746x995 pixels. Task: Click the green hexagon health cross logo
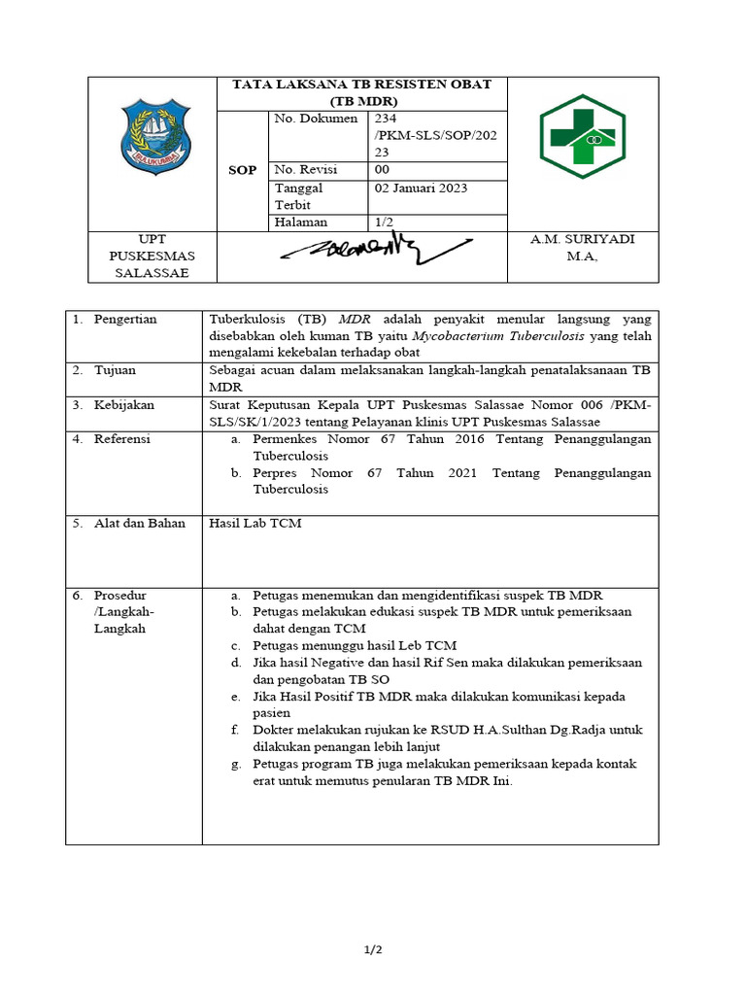(x=584, y=137)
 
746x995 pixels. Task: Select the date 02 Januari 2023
(x=421, y=189)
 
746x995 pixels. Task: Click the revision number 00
(x=382, y=169)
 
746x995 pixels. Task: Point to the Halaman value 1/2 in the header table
(x=384, y=223)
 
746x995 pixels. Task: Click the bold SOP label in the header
(x=242, y=170)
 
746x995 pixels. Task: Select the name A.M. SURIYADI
(x=583, y=240)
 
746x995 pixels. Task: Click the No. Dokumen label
(x=310, y=119)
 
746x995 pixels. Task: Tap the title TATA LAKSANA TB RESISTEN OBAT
(x=361, y=85)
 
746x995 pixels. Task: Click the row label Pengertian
(x=125, y=320)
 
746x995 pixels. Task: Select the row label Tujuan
(x=115, y=370)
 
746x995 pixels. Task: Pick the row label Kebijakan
(x=123, y=405)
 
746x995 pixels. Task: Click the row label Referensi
(x=121, y=439)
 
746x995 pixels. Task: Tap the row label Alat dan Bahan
(x=139, y=524)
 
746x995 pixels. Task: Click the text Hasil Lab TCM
(x=255, y=524)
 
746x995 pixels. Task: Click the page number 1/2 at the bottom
(x=373, y=950)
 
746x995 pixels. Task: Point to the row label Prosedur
(x=119, y=595)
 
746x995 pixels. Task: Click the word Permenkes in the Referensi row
(x=286, y=439)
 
